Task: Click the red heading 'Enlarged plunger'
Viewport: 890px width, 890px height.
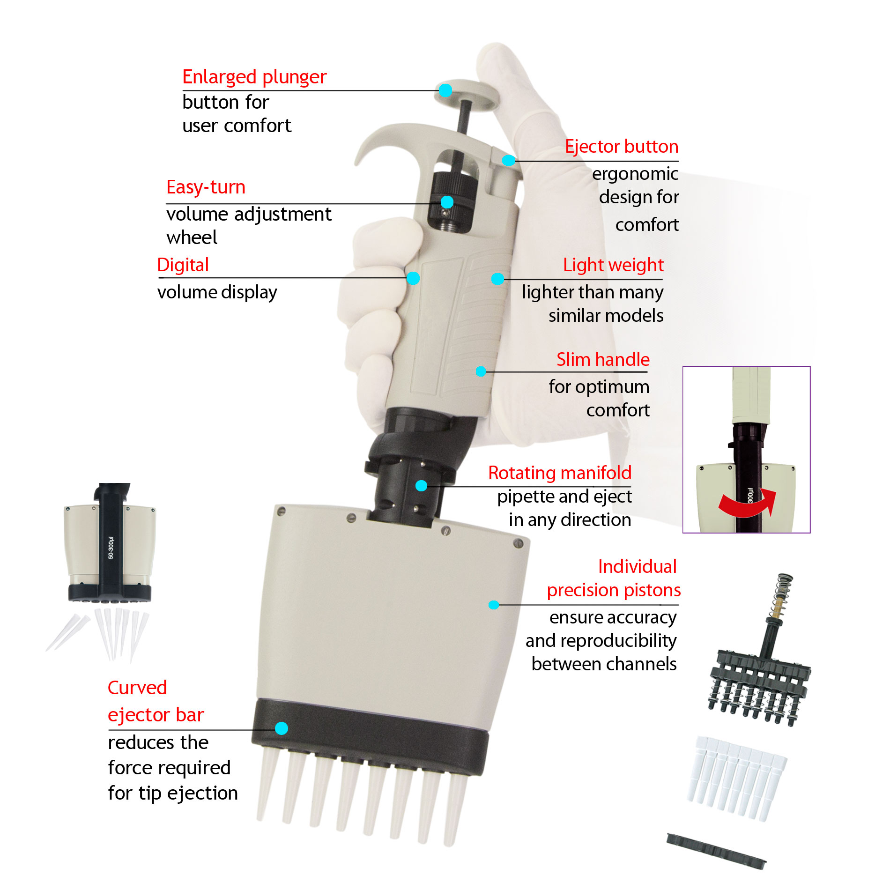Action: click(254, 77)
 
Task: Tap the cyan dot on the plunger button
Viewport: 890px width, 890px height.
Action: click(445, 90)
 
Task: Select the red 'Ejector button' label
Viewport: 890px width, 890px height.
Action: click(621, 147)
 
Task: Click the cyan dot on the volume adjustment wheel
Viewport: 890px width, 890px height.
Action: click(447, 202)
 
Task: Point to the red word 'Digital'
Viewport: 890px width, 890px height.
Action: click(183, 265)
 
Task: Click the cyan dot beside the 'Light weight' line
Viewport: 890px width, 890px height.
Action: click(497, 279)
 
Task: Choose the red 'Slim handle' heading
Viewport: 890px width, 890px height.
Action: click(603, 360)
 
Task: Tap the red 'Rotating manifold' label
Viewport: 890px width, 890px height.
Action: click(560, 473)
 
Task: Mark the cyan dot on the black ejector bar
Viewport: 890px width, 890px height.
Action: click(281, 728)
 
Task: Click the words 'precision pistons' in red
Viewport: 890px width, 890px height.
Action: click(614, 590)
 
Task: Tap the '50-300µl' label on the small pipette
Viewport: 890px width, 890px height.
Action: click(111, 547)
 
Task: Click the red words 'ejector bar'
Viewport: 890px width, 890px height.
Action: click(156, 715)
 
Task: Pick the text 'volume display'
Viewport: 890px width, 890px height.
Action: click(217, 292)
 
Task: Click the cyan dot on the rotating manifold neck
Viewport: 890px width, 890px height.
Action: click(421, 486)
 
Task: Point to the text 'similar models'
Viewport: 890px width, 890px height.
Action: click(606, 316)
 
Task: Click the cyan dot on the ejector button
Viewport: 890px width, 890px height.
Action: click(508, 161)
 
